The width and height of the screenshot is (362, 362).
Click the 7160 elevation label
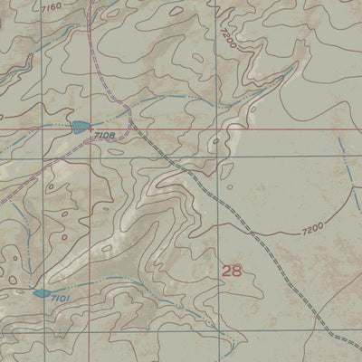coord(52,7)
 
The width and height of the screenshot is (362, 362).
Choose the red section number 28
coord(232,271)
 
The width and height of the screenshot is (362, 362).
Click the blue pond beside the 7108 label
coord(80,128)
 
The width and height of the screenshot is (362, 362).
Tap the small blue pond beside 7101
coord(41,293)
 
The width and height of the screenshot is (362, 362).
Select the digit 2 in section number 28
coord(226,271)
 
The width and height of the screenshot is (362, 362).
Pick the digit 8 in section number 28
coord(237,271)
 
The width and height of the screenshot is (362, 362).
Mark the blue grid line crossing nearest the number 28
coord(218,156)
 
